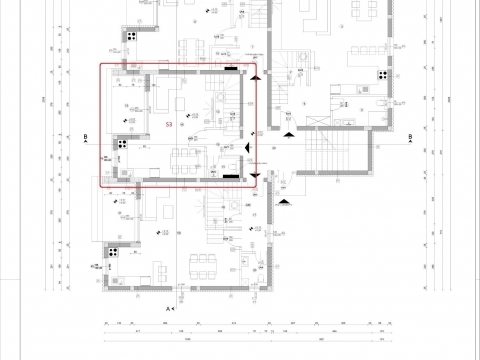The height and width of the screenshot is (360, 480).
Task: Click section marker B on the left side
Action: pos(87,136)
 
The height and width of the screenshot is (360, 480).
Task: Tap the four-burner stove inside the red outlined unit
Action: pos(119,143)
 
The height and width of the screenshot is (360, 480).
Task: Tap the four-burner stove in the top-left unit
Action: pos(129,37)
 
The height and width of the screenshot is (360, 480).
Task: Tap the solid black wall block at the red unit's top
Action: pos(232,69)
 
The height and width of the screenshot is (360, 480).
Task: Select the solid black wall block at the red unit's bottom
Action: pos(231,176)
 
